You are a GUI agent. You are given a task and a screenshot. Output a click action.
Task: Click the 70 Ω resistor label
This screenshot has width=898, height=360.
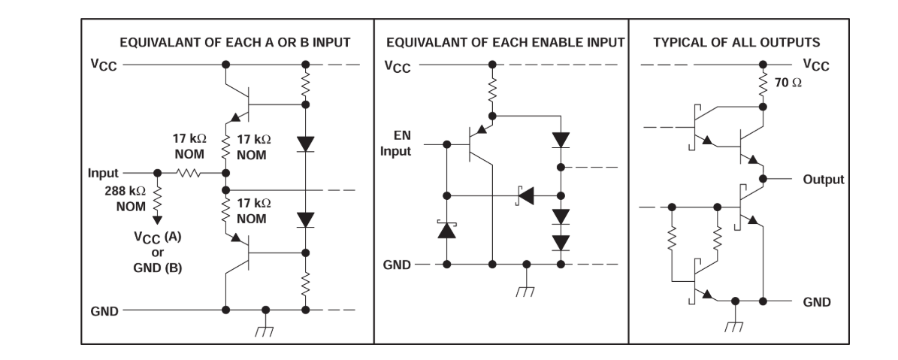click(788, 83)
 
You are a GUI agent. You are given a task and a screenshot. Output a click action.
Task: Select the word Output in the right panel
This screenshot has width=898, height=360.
click(824, 179)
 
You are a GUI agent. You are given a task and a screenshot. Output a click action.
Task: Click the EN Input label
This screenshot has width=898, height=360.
click(396, 144)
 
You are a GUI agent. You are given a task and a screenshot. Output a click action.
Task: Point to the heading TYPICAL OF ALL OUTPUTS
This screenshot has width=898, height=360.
click(736, 42)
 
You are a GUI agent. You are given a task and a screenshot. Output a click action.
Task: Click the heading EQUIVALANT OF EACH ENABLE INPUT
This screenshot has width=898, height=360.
click(505, 42)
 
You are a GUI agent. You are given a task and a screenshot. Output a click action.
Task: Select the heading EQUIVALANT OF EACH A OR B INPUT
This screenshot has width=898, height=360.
click(234, 42)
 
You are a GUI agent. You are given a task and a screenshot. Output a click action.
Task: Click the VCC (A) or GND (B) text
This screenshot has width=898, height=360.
click(158, 252)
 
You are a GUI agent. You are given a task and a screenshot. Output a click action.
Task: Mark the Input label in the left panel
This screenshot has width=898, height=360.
click(103, 173)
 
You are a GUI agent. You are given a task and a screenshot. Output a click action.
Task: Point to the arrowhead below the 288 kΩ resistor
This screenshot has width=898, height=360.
click(158, 219)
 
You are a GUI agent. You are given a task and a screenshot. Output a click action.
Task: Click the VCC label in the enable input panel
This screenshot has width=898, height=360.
click(398, 66)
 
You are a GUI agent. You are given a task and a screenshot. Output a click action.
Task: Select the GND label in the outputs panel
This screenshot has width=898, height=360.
click(816, 302)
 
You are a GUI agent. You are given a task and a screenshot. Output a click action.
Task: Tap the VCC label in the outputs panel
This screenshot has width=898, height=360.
click(816, 65)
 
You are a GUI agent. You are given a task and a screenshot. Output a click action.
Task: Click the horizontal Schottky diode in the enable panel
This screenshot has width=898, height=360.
click(525, 196)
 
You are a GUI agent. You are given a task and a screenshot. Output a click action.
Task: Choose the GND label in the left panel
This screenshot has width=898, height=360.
click(104, 311)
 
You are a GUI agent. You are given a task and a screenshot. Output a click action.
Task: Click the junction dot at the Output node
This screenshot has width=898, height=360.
click(763, 179)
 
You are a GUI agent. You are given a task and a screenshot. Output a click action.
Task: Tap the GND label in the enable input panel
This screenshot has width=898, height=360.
click(397, 265)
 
